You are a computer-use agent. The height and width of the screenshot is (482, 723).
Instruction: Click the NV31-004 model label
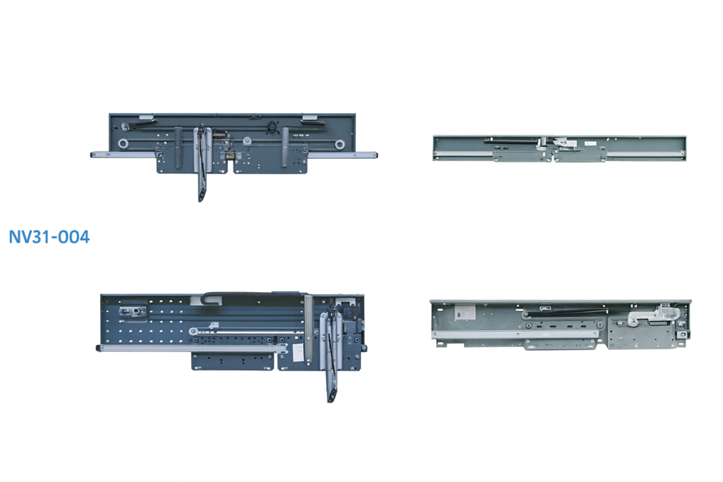coord(49,237)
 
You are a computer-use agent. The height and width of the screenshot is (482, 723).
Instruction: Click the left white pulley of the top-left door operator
coord(123,144)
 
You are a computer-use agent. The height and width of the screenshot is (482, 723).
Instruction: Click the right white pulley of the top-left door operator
coord(340,145)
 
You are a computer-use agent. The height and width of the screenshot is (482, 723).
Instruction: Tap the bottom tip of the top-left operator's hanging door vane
coord(201,200)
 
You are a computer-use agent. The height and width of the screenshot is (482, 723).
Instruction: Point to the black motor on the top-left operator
coord(273,126)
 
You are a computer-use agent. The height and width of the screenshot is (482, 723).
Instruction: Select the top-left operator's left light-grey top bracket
coord(146,117)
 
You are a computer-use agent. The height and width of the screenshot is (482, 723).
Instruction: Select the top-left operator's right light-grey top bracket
coord(309,117)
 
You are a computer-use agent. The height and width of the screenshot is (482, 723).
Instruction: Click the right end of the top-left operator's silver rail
coord(376,155)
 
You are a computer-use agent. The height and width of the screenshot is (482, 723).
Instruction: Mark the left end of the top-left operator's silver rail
coord(92,155)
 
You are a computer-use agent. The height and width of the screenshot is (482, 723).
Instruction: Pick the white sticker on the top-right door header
coord(590,144)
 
